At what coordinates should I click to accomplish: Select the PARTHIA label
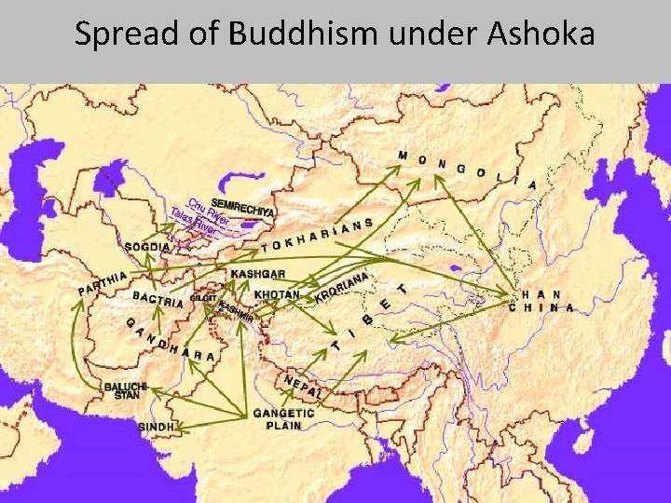(102, 283)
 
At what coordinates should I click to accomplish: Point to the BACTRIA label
(157, 303)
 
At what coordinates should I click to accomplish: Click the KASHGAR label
(257, 275)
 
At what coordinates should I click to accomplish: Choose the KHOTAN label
(277, 295)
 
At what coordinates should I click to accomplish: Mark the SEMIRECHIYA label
(243, 208)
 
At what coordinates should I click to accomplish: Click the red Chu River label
(204, 208)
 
